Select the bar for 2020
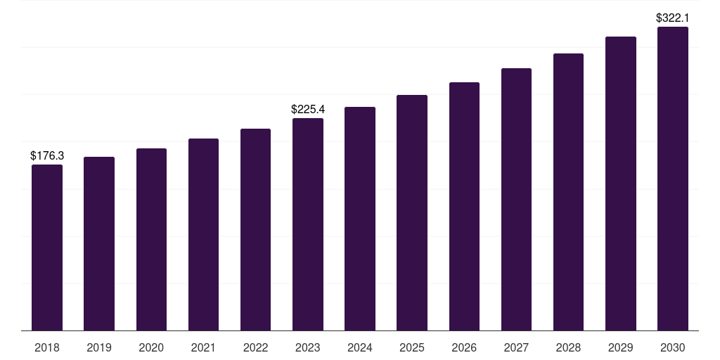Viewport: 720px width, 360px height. (x=151, y=239)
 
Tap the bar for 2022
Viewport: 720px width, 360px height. (x=255, y=229)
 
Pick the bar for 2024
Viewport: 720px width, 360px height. (x=360, y=219)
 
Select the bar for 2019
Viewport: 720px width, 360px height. (x=99, y=243)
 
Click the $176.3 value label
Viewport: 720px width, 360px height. (x=47, y=155)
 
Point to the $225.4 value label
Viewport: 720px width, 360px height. (x=308, y=109)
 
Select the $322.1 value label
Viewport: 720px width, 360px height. (x=673, y=18)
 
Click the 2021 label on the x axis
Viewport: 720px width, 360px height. (x=203, y=347)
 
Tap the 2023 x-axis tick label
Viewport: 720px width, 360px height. (x=308, y=347)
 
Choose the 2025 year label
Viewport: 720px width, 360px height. (x=412, y=347)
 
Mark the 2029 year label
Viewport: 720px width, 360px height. (x=621, y=347)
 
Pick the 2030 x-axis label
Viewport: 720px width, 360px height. (x=673, y=347)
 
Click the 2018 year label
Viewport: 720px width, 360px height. (x=47, y=347)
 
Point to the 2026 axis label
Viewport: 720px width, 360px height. (x=464, y=347)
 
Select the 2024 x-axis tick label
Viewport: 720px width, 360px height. (x=360, y=347)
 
